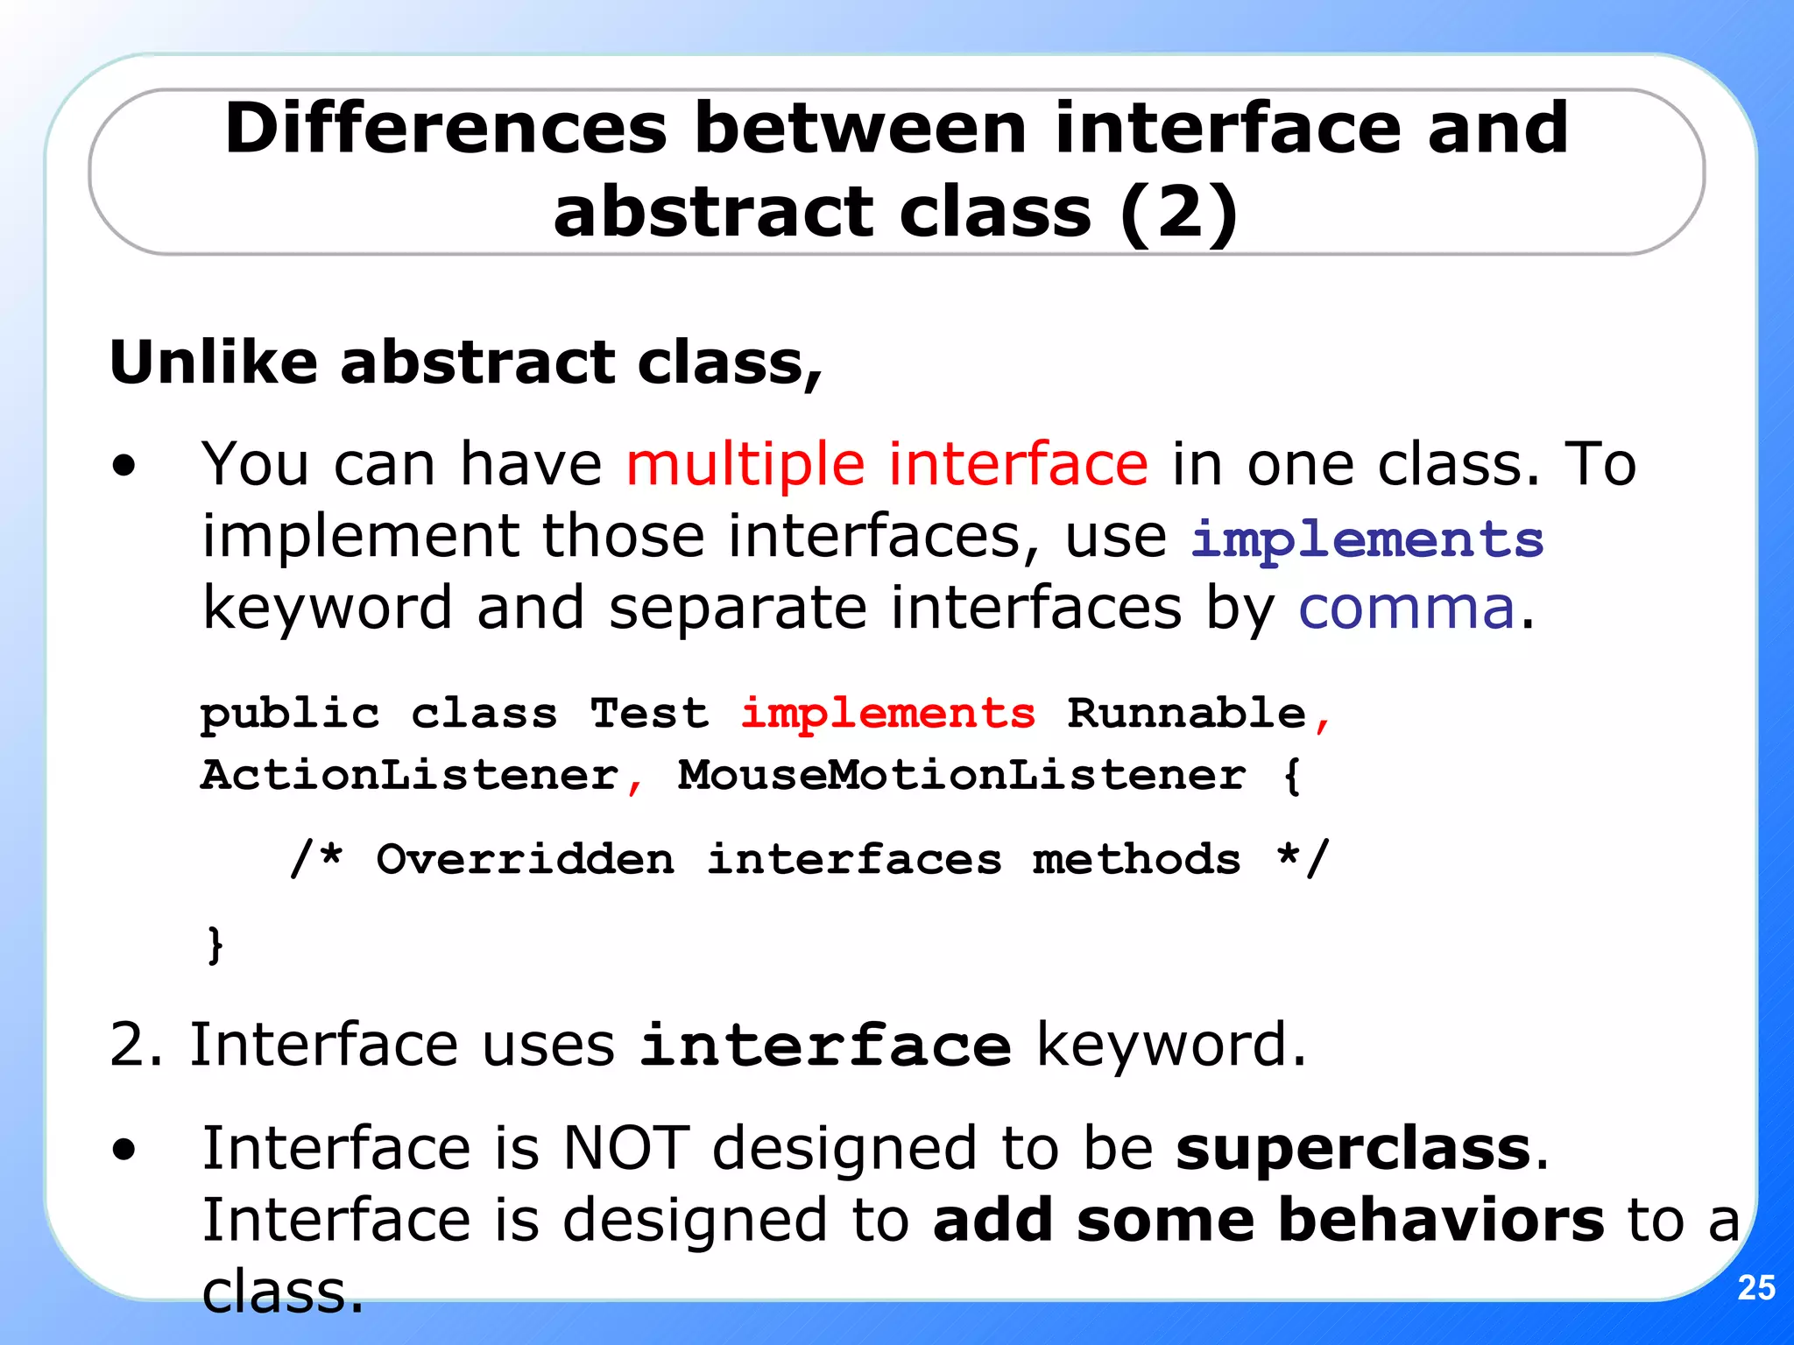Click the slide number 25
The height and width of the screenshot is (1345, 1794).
pyautogui.click(x=1755, y=1287)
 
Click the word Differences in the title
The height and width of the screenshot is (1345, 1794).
pyautogui.click(x=446, y=129)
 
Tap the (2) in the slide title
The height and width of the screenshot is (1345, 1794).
pyautogui.click(x=1178, y=213)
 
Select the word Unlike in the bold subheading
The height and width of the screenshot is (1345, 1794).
pyautogui.click(x=214, y=362)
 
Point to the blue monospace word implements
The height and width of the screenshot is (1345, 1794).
pyautogui.click(x=1367, y=539)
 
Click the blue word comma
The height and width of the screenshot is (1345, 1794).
pyautogui.click(x=1406, y=608)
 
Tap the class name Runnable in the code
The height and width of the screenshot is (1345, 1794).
pyautogui.click(x=1186, y=713)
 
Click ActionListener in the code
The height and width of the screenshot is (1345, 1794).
pyautogui.click(x=410, y=775)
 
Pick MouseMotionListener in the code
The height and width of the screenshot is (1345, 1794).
pyautogui.click(x=961, y=775)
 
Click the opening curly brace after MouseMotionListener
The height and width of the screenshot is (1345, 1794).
pyautogui.click(x=1291, y=776)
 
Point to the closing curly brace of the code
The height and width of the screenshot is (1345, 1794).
pyautogui.click(x=215, y=944)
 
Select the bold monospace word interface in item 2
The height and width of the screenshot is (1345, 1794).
pyautogui.click(x=825, y=1046)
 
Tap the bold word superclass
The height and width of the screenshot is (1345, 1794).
pyautogui.click(x=1353, y=1148)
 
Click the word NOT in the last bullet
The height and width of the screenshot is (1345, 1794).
pyautogui.click(x=625, y=1148)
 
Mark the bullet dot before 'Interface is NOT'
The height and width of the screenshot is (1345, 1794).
pyautogui.click(x=124, y=1150)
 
